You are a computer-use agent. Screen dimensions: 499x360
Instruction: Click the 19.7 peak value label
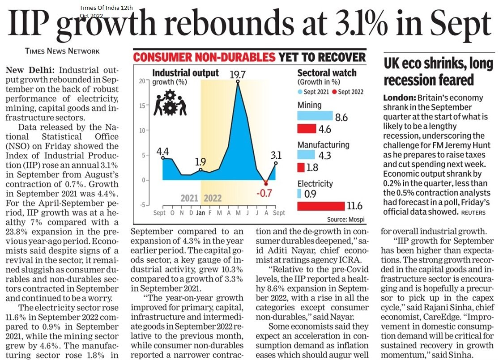pyautogui.click(x=238, y=74)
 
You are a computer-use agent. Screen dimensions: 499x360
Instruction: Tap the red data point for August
pyautogui.click(x=266, y=184)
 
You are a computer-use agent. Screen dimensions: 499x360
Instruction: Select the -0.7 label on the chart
pyautogui.click(x=264, y=193)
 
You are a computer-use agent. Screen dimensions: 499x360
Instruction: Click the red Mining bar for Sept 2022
pyautogui.click(x=307, y=128)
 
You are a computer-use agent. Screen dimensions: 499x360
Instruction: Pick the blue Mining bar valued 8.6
pyautogui.click(x=315, y=116)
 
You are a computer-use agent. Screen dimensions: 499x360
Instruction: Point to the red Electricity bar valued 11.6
pyautogui.click(x=321, y=206)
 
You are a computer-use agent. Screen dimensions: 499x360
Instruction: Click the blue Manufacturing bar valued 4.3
pyautogui.click(x=306, y=155)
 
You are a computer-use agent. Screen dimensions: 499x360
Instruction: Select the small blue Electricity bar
pyautogui.click(x=299, y=193)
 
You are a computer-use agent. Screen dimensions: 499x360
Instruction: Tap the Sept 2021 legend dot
pyautogui.click(x=300, y=92)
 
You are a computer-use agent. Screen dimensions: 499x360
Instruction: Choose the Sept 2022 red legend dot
pyautogui.click(x=334, y=92)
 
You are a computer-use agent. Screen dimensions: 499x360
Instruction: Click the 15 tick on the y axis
pyautogui.click(x=142, y=106)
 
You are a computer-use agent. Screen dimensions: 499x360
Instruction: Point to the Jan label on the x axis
pyautogui.click(x=200, y=212)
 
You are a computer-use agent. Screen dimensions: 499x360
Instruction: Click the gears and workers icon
pyautogui.click(x=170, y=102)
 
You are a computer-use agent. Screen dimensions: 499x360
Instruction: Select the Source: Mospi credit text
pyautogui.click(x=345, y=220)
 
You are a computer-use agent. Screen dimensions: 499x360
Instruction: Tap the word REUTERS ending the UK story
pyautogui.click(x=473, y=212)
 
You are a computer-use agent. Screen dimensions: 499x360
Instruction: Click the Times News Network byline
pyautogui.click(x=62, y=51)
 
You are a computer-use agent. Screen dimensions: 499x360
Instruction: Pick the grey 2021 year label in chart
pyautogui.click(x=189, y=198)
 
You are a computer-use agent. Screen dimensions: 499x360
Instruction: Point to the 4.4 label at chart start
pyautogui.click(x=162, y=151)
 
